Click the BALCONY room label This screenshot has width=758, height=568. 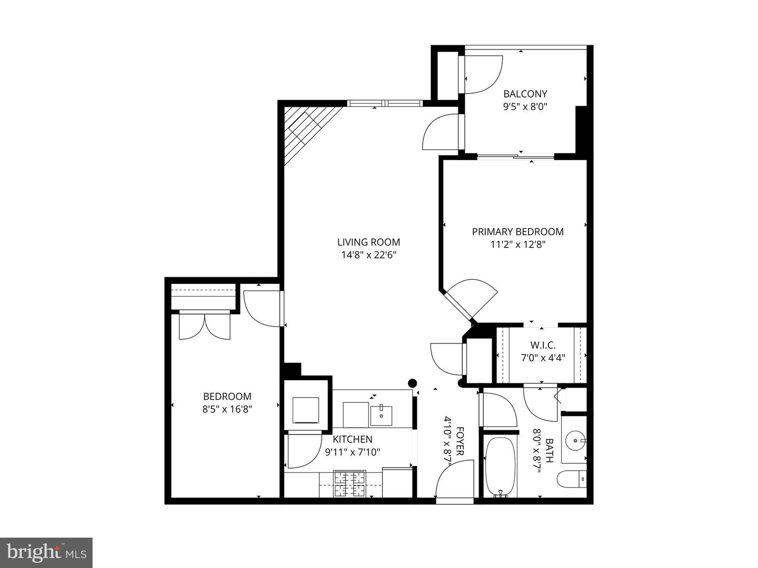(525, 94)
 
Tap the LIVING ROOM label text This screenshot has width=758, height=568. (368, 242)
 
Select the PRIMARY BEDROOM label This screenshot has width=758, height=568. (517, 231)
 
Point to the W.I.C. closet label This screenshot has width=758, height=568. (542, 346)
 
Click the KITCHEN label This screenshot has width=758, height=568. (352, 439)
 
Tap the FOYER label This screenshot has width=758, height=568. (460, 441)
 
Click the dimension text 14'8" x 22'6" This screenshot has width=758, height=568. (368, 255)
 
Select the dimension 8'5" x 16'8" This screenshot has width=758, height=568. (227, 409)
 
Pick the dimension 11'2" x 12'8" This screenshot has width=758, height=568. (517, 245)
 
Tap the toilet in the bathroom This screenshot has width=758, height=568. (572, 479)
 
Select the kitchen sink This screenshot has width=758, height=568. (381, 415)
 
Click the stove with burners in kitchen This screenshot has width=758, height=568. (350, 484)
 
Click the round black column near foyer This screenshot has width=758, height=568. (413, 383)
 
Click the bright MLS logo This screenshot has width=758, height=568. (46, 552)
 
